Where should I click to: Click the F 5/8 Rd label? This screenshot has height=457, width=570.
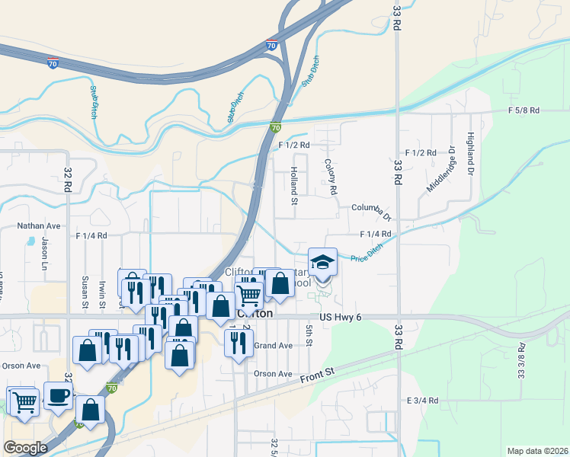pyautogui.click(x=524, y=110)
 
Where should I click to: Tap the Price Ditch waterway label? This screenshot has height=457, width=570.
pyautogui.click(x=367, y=254)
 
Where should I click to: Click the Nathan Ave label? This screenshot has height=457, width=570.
pyautogui.click(x=39, y=226)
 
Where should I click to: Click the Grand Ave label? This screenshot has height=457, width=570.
pyautogui.click(x=273, y=346)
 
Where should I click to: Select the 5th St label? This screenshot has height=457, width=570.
pyautogui.click(x=309, y=335)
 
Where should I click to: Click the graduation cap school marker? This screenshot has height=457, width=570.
pyautogui.click(x=322, y=263)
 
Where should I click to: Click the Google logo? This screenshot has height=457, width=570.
pyautogui.click(x=25, y=448)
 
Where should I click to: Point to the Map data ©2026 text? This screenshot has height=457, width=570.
pyautogui.click(x=537, y=450)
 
